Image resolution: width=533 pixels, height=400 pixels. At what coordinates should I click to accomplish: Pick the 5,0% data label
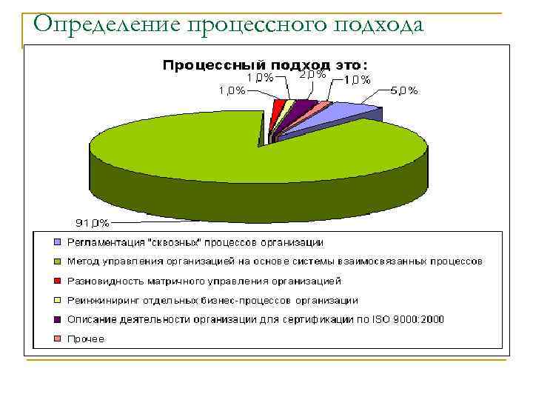[403, 91]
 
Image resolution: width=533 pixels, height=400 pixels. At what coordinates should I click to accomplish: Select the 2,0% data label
[312, 75]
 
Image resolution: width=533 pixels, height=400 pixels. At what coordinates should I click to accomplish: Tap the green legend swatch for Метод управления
[57, 261]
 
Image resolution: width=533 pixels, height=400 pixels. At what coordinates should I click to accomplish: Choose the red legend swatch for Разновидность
[57, 281]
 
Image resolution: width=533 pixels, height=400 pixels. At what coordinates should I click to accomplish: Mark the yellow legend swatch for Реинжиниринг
[57, 300]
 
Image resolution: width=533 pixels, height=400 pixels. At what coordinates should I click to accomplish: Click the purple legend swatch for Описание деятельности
[57, 319]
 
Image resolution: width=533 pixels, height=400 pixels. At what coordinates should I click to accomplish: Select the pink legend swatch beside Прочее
[57, 339]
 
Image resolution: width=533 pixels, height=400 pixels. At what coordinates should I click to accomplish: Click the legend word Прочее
[86, 339]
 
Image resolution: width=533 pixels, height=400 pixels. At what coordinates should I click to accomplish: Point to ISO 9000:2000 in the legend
[415, 319]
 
